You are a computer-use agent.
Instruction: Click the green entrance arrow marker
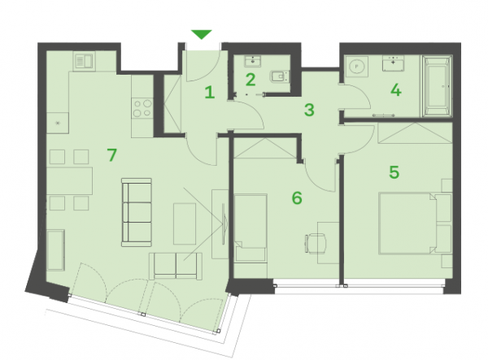202,34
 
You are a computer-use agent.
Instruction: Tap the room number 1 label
210,93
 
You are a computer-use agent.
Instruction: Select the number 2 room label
251,80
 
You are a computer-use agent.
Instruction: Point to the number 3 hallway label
309,110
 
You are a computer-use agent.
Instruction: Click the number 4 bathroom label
396,90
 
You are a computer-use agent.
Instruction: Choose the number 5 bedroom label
394,172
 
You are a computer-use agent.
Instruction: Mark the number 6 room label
297,197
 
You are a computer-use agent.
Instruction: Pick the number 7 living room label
111,154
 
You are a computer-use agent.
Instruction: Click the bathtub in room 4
437,86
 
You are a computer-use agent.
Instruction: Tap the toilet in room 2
280,76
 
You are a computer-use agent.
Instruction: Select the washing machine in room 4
356,66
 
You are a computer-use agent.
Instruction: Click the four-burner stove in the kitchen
142,108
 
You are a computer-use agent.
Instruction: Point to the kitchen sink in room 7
85,61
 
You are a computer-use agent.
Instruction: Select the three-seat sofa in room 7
137,212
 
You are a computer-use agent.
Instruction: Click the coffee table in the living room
185,223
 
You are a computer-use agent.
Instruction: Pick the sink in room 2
253,61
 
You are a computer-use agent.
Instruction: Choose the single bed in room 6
251,228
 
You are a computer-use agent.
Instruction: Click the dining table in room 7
70,181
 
